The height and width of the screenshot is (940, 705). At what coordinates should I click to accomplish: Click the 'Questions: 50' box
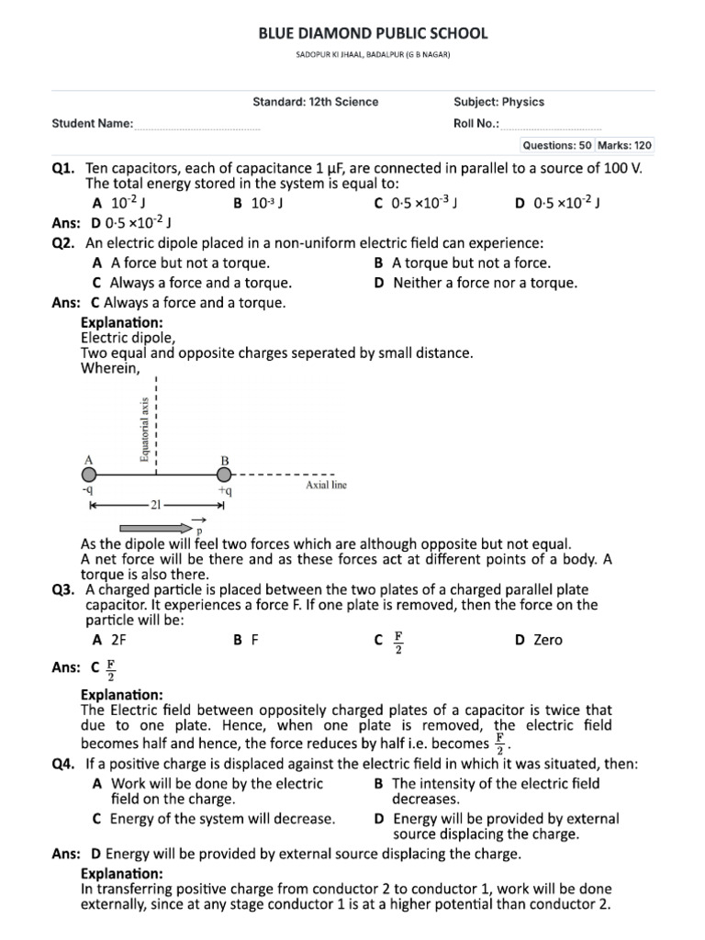click(556, 145)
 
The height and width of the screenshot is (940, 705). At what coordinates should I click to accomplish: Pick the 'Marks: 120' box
click(625, 145)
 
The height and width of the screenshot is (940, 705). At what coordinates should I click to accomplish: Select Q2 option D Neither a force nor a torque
click(476, 283)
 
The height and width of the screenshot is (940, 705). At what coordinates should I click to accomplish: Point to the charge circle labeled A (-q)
click(89, 475)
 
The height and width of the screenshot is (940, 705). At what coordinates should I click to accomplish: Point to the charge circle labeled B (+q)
click(224, 475)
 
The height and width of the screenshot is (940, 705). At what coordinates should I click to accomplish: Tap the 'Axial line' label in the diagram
click(326, 485)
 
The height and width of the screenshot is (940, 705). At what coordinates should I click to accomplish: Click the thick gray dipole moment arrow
click(152, 528)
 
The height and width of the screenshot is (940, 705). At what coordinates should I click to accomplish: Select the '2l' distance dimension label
click(155, 505)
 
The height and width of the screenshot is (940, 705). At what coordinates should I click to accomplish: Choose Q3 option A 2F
click(109, 640)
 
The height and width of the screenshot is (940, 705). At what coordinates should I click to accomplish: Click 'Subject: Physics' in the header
click(498, 102)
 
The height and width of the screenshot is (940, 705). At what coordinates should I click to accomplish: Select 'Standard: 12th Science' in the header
click(315, 102)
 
